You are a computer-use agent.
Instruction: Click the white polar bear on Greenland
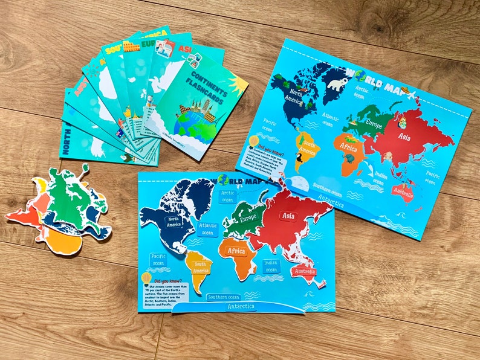click(337, 83)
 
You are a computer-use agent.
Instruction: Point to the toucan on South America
click(300, 161)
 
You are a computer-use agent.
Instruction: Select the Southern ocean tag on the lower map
click(224, 297)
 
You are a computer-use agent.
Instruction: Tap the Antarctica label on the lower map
click(241, 306)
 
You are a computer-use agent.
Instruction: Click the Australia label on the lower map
click(303, 272)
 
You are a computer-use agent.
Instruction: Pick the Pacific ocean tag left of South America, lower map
click(158, 260)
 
